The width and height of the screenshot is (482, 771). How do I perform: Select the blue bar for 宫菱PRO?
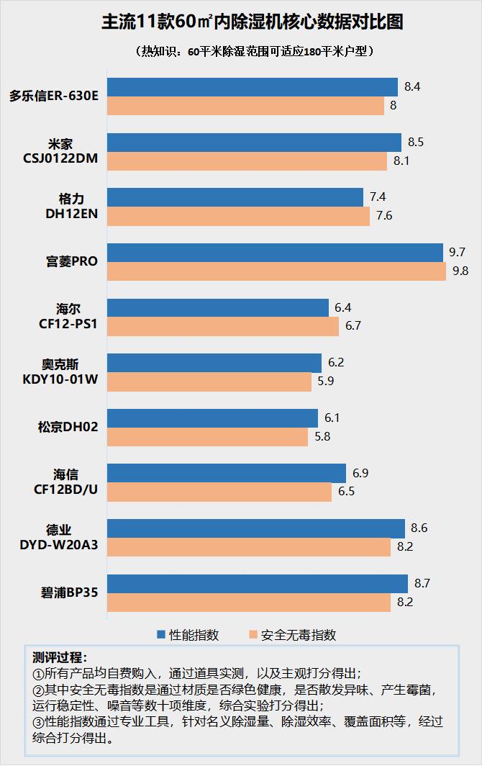275,253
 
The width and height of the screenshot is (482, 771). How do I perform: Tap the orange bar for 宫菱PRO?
276,271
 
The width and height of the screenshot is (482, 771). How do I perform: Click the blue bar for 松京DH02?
212,418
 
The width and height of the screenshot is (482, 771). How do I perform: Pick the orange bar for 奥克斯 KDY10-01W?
209,382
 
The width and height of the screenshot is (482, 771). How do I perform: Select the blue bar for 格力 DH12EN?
235,197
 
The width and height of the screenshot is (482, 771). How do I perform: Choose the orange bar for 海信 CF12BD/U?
219,492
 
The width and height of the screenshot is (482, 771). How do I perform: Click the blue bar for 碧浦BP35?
258,584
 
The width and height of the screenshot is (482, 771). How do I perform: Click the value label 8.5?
415,142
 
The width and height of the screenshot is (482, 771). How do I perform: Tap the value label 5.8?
322,437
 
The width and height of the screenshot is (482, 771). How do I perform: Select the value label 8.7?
422,584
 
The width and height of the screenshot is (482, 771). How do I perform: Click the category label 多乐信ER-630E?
54,96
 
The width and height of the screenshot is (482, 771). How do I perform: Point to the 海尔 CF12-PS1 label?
68,317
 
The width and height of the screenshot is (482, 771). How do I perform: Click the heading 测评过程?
60,658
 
